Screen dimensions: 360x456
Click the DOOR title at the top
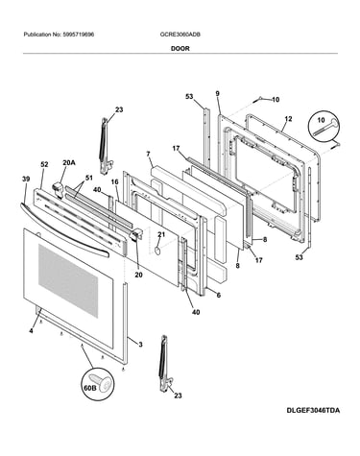[x=180, y=49]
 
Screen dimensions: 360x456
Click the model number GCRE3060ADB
[x=180, y=35]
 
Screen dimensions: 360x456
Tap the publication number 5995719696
[x=78, y=35]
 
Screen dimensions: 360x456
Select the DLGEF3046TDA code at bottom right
[x=313, y=410]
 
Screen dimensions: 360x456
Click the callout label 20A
[x=69, y=163]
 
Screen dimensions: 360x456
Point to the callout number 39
[x=26, y=180]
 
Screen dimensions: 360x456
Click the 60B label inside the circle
[x=90, y=388]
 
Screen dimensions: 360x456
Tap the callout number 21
[x=161, y=234]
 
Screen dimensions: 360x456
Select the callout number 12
[x=288, y=119]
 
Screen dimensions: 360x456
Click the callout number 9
[x=218, y=94]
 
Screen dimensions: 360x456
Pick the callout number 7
[x=148, y=154]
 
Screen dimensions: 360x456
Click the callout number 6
[x=219, y=295]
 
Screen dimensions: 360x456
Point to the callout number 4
[x=31, y=331]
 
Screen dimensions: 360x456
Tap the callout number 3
[x=140, y=345]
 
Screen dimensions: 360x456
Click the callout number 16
[x=114, y=182]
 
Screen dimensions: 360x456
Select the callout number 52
[x=44, y=164]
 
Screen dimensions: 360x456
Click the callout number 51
[x=88, y=178]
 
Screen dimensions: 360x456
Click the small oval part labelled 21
[x=157, y=251]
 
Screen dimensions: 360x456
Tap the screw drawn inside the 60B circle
[x=103, y=382]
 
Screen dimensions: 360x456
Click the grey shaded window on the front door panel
[x=68, y=280]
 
